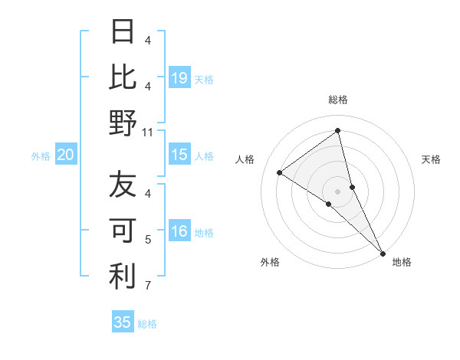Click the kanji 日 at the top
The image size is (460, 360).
coord(123,31)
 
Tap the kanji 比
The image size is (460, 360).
coord(123,77)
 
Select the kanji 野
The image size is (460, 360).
coord(123,123)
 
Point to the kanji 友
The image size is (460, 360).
coord(123,185)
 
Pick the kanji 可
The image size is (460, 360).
coord(123,231)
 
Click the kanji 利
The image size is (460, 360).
coord(123,277)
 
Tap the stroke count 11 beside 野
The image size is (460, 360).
coord(148,133)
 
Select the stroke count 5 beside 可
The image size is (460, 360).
coord(148,240)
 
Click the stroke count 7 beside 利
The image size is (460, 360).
coord(148,286)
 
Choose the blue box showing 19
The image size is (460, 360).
coord(179,77)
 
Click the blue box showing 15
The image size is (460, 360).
coord(179,155)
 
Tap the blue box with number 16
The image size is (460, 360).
coord(179,231)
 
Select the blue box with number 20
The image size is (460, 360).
coord(66,155)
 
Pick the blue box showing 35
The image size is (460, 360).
coord(123,322)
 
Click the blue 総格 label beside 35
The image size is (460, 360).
coord(148,323)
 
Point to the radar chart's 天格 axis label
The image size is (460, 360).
coord(432,159)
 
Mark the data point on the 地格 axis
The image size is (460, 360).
coord(383,253)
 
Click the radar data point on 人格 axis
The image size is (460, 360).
coord(280,172)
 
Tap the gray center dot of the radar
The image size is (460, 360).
coord(337,190)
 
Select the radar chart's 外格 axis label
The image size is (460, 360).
coord(270,262)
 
